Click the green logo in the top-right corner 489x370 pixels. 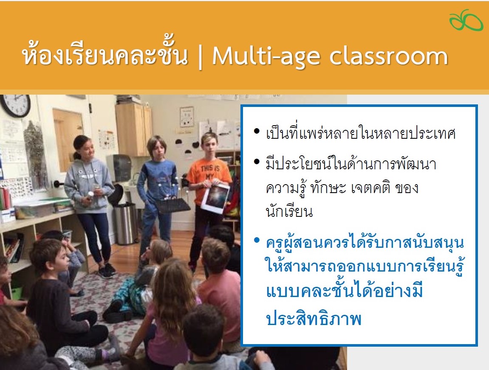[x=466, y=20]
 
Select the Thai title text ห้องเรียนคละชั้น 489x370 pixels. [x=105, y=53]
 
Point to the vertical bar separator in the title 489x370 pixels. [x=200, y=57]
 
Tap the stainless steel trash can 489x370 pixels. [x=125, y=223]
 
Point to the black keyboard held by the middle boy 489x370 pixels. [x=173, y=205]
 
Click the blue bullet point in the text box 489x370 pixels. [x=257, y=240]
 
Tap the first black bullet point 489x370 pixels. [x=257, y=131]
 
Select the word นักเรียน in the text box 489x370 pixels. [x=289, y=211]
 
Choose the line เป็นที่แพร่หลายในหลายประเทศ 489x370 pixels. [x=361, y=132]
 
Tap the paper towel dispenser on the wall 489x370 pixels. [x=119, y=168]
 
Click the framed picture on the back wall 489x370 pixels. [x=187, y=117]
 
